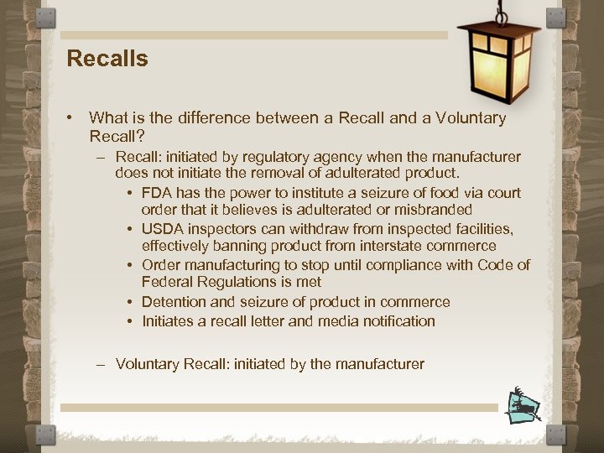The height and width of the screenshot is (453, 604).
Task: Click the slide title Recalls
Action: point(107,59)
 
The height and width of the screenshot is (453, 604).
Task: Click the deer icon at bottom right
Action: point(523,405)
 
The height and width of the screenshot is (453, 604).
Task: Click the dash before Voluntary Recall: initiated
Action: point(101,364)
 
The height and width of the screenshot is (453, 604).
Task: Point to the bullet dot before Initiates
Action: point(131,321)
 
